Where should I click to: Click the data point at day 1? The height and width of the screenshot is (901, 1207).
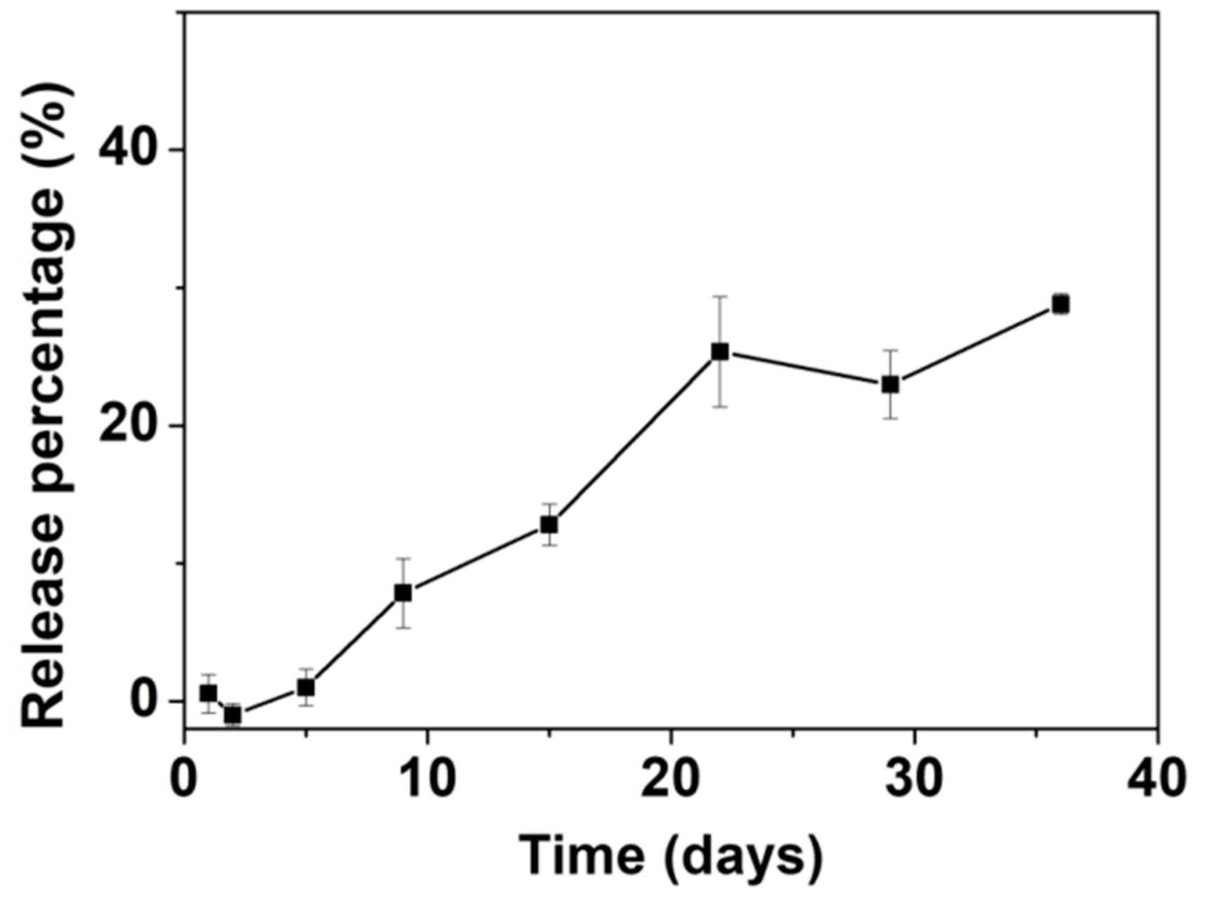[208, 694]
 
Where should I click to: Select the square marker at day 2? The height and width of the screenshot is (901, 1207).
[233, 715]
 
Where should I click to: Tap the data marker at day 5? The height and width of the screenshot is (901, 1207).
[306, 687]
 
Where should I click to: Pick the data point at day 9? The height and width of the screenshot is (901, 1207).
[403, 592]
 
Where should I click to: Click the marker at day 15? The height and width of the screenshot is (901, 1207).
[549, 524]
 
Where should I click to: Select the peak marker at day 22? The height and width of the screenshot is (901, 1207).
[720, 351]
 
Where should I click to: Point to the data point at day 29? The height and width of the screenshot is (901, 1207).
[890, 384]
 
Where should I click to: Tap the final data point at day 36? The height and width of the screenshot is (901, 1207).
[1061, 304]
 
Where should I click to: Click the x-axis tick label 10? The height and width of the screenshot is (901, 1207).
[428, 779]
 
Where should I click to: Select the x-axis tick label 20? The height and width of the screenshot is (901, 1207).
[671, 779]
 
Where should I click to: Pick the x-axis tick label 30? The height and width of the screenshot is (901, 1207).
[914, 779]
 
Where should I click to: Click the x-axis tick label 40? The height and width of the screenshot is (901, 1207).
[1157, 779]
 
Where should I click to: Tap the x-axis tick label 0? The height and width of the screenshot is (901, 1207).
[184, 779]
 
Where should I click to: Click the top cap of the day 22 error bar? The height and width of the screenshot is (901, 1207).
[720, 297]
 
